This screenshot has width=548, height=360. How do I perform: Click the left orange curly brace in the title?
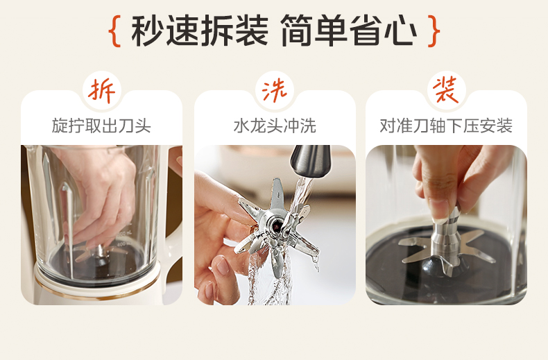[114, 31]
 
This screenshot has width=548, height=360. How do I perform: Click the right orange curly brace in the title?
[434, 31]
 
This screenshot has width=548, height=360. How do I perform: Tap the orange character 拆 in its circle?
[101, 91]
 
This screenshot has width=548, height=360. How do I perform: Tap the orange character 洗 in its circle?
[275, 91]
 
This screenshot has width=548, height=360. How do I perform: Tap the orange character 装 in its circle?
[446, 89]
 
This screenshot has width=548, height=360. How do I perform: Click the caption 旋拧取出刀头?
[101, 126]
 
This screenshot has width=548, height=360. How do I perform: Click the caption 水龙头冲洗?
[275, 126]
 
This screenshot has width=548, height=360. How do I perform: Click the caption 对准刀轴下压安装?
[446, 126]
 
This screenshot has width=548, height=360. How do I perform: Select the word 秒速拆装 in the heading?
[200, 31]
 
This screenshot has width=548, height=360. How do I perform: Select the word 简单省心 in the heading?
[348, 31]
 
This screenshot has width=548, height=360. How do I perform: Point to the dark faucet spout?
[311, 161]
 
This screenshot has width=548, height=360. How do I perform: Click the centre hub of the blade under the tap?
[275, 224]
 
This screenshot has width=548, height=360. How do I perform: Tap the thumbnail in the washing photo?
[222, 265]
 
